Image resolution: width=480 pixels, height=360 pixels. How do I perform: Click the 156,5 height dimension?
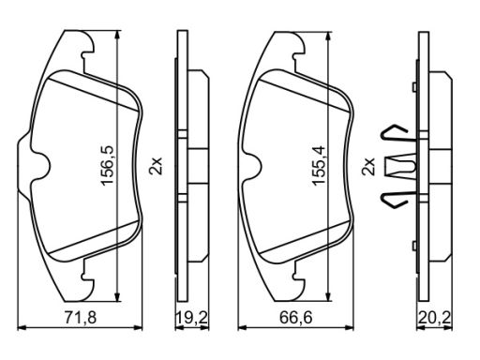[x=107, y=165]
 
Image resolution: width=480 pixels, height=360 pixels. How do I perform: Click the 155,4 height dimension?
[x=320, y=166]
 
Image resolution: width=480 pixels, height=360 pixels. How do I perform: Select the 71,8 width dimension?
[x=81, y=318]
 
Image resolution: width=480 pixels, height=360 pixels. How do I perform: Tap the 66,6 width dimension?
[x=295, y=318]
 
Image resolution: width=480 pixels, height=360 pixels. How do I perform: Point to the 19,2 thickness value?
[x=192, y=318]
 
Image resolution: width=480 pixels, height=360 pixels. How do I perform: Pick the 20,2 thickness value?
[x=434, y=318]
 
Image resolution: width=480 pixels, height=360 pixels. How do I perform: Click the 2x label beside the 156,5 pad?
[x=156, y=165]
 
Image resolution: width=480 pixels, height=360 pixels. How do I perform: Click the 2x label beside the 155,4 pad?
[x=367, y=166]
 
